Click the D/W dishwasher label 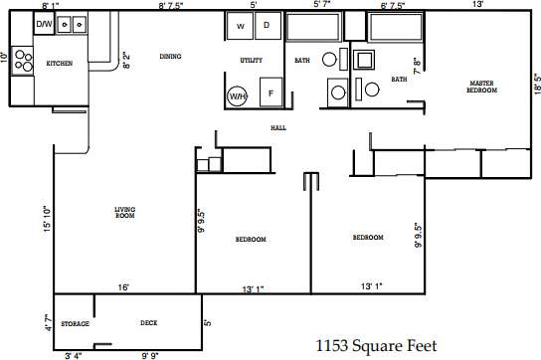[44, 24]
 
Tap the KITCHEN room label [60, 64]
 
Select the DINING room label [170, 57]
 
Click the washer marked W [241, 26]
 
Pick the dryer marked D [267, 26]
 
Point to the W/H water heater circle [238, 96]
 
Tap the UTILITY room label [251, 62]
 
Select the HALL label [278, 128]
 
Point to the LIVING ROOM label [124, 212]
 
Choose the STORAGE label [76, 324]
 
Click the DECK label [148, 324]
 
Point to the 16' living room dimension [123, 288]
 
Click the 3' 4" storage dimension [74, 355]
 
